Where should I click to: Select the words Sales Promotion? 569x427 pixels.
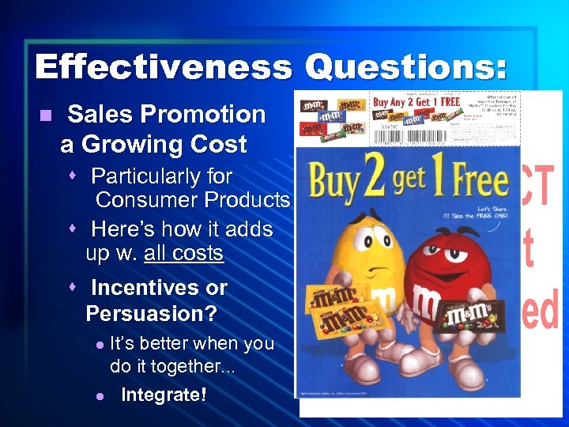point(166,115)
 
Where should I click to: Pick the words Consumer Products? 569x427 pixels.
point(192,200)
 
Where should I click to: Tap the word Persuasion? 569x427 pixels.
point(151,314)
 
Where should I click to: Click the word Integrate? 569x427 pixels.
point(164,394)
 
